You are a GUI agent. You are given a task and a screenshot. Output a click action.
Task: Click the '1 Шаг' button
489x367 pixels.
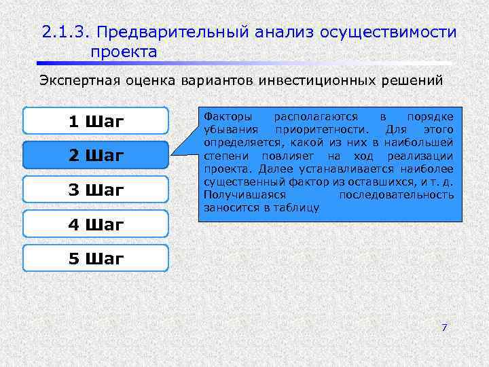tap(96, 122)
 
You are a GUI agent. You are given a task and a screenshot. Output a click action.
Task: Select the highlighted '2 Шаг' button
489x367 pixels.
tap(96, 156)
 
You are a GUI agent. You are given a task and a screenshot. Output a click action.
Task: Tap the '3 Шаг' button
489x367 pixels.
tap(96, 190)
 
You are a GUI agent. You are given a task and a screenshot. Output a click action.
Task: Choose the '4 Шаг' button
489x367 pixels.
tap(96, 224)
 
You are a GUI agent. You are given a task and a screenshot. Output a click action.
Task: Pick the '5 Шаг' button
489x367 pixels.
tap(96, 258)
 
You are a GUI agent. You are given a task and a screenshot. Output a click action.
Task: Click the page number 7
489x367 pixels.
tap(444, 328)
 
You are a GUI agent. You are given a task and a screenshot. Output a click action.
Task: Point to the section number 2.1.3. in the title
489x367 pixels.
tap(65, 32)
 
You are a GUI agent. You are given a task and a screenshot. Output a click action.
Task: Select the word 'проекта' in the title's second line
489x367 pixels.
tap(123, 52)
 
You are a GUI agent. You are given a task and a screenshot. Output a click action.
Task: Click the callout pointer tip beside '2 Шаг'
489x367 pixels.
tap(170, 155)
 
